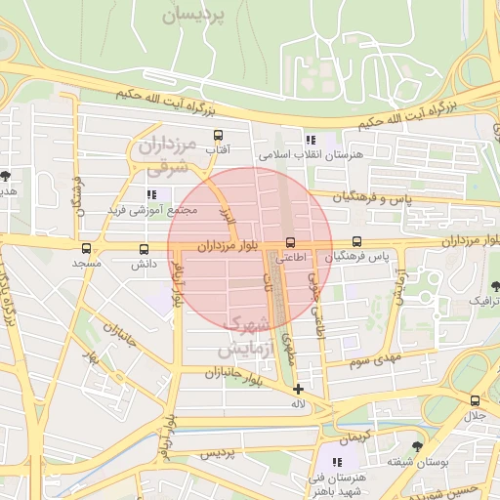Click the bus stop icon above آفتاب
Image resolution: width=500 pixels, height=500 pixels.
(x=217, y=136)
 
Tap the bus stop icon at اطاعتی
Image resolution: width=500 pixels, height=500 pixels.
(x=290, y=243)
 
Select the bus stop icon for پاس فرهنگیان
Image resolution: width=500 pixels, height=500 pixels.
(x=356, y=241)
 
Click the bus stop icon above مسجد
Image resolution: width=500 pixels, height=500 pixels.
(x=87, y=249)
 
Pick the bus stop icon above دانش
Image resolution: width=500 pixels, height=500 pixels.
(x=145, y=249)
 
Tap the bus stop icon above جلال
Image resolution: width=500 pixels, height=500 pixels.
(x=475, y=400)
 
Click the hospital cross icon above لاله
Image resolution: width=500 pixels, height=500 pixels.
(x=298, y=389)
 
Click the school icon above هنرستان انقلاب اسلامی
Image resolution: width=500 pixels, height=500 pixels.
(x=311, y=140)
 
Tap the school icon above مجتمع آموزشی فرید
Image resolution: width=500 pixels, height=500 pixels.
(x=151, y=195)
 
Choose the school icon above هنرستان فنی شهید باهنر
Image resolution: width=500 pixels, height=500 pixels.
(x=337, y=461)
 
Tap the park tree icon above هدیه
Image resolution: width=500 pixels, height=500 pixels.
(x=6, y=176)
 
